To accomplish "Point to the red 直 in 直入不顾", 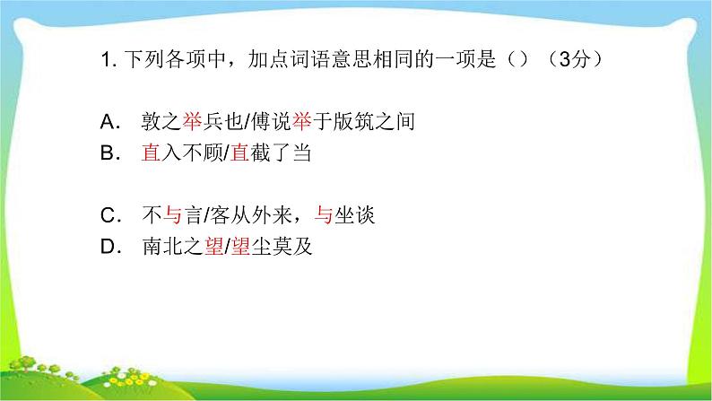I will pyautogui.click(x=150, y=153).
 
